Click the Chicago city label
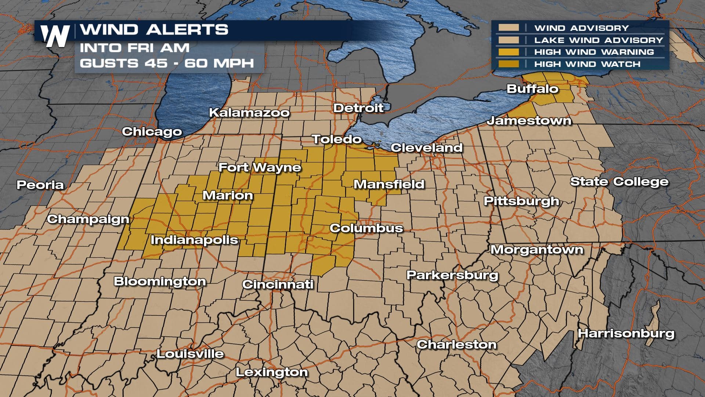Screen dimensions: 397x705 tap(152, 132)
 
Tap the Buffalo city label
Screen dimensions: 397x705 tap(532, 89)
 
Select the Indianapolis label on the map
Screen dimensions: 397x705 tap(194, 240)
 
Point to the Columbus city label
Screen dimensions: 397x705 tap(366, 228)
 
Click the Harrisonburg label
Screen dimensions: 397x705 tap(626, 334)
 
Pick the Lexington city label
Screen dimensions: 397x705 tap(272, 372)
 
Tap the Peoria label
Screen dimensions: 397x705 tap(40, 185)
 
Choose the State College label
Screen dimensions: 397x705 tap(619, 182)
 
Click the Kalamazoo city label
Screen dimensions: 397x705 tap(249, 112)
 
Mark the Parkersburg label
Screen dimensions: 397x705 tap(452, 275)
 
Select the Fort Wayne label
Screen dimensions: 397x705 tap(260, 168)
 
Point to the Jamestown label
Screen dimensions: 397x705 tap(529, 121)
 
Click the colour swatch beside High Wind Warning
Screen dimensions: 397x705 tap(509, 52)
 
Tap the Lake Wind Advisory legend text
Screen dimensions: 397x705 tap(599, 40)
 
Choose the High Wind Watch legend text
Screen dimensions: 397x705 tap(587, 64)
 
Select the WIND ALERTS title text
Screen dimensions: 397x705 tap(154, 29)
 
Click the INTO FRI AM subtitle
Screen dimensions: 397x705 tap(135, 48)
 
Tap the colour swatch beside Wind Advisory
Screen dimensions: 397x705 tap(509, 28)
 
